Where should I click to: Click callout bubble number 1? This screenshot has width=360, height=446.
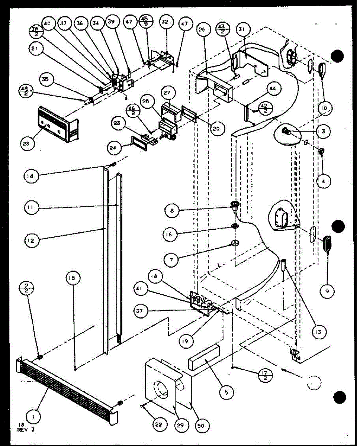pos(34,417)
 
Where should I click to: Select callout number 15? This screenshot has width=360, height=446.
pos(73,277)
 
